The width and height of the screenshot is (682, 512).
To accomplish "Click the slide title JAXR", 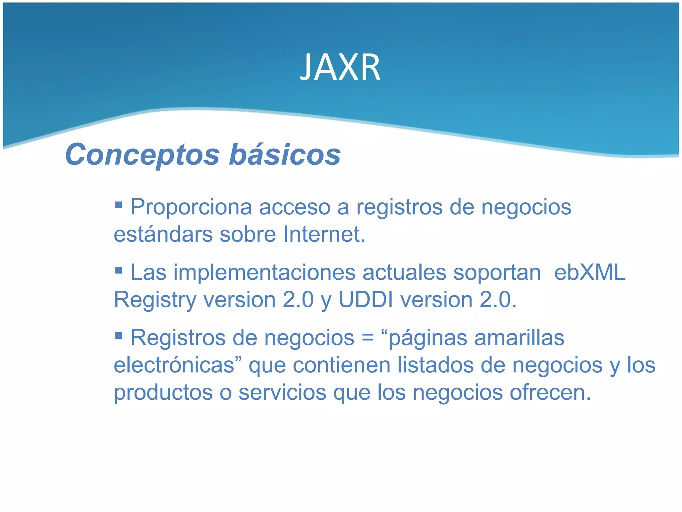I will tap(340, 68).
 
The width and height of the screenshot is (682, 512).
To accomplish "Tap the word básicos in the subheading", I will tap(285, 154).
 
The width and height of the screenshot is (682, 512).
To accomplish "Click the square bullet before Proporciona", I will tap(119, 204).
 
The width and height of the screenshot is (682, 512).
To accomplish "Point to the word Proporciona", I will tap(191, 207).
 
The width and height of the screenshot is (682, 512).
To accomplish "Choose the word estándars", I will tap(163, 234).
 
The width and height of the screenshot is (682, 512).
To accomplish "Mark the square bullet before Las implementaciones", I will tap(119, 269).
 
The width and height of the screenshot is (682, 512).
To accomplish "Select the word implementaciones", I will tap(264, 273).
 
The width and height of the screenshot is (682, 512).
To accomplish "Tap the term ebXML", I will tap(590, 273).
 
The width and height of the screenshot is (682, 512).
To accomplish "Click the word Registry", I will tap(155, 300).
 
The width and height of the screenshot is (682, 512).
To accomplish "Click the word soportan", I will tap(497, 273).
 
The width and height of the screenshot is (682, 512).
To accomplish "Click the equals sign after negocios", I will tap(368, 338).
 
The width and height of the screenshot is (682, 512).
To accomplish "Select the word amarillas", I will tap(519, 338).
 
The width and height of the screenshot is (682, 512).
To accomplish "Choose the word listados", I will tap(435, 365).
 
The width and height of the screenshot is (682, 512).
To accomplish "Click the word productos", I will tap(163, 393).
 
